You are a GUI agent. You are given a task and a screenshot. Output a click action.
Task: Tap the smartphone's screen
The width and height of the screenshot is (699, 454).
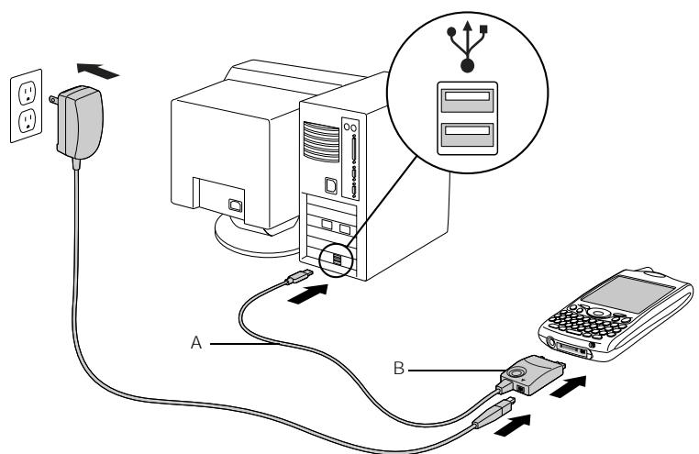[619, 298]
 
